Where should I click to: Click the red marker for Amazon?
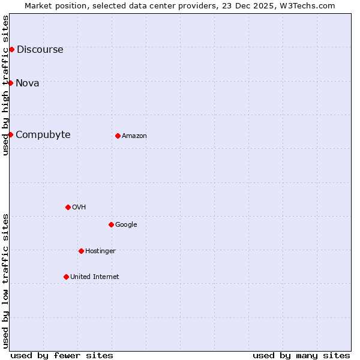click(x=118, y=136)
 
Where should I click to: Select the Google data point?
click(x=111, y=224)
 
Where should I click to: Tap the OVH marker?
click(x=68, y=207)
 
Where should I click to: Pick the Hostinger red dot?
click(x=81, y=251)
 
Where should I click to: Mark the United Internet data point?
click(x=66, y=277)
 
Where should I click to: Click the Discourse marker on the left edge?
click(x=11, y=49)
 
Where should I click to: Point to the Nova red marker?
click(x=10, y=83)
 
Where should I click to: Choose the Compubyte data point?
click(x=10, y=134)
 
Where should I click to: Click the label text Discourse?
click(x=40, y=50)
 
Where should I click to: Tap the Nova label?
click(x=28, y=83)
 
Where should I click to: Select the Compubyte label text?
click(x=43, y=135)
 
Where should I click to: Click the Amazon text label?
click(x=134, y=136)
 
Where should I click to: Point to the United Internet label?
click(x=95, y=277)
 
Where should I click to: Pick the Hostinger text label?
click(x=100, y=251)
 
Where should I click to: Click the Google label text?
click(x=126, y=225)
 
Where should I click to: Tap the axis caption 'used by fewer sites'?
click(x=62, y=356)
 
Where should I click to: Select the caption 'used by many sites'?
click(x=301, y=356)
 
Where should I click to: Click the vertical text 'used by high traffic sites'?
click(x=6, y=85)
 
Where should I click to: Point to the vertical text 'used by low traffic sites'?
click(x=6, y=281)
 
